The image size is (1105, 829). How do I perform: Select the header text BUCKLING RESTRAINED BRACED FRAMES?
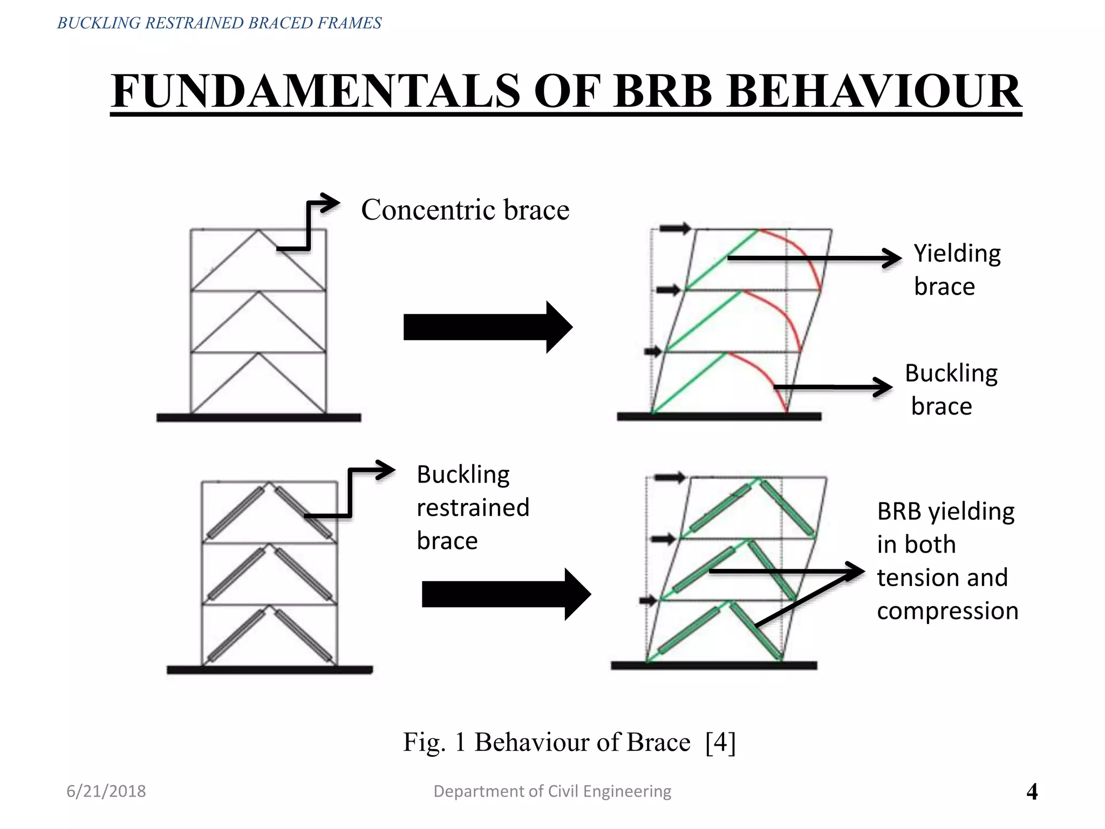219,23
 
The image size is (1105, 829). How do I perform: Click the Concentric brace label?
465,209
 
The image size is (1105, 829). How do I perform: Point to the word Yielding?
957,253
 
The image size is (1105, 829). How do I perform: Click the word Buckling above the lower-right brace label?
951,373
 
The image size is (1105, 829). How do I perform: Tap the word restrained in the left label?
473,508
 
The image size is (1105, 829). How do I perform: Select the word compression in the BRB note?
947,611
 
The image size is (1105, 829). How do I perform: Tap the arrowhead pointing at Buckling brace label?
883,387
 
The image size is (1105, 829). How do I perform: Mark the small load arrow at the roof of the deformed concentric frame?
675,228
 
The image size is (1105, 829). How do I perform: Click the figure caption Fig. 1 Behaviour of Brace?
547,742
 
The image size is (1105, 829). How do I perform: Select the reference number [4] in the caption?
720,742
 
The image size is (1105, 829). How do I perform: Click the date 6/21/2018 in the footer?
106,791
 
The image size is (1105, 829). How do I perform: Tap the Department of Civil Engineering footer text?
552,791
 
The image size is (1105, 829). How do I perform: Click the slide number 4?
1032,792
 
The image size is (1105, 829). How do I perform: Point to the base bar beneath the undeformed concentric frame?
258,417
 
